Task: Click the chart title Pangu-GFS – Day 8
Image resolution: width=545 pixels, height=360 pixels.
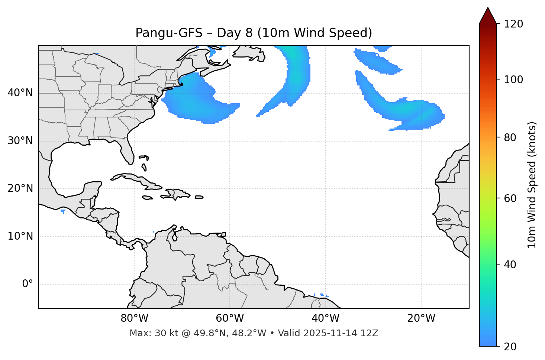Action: pyautogui.click(x=254, y=33)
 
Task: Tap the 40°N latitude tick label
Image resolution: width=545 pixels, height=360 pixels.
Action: pyautogui.click(x=20, y=93)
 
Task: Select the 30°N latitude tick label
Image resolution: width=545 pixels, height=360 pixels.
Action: pyautogui.click(x=20, y=141)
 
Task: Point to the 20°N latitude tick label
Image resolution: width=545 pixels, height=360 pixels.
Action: pyautogui.click(x=20, y=188)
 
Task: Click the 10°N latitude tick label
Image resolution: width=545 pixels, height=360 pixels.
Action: pyautogui.click(x=20, y=236)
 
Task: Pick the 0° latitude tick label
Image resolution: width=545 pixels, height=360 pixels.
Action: pyautogui.click(x=27, y=284)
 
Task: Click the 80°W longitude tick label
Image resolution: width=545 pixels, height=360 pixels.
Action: pyautogui.click(x=134, y=318)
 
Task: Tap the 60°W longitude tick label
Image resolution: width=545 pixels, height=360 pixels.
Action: pyautogui.click(x=230, y=318)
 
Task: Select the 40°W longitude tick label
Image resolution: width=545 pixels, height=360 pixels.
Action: pyautogui.click(x=325, y=318)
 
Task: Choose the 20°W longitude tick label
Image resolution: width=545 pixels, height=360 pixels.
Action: pyautogui.click(x=421, y=318)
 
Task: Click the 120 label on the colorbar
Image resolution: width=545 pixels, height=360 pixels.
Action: pyautogui.click(x=513, y=24)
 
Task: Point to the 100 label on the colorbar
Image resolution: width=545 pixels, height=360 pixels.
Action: pyautogui.click(x=513, y=80)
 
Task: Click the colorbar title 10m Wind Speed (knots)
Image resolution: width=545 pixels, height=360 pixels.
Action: pyautogui.click(x=532, y=185)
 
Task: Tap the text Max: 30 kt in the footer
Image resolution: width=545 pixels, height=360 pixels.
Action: pyautogui.click(x=145, y=333)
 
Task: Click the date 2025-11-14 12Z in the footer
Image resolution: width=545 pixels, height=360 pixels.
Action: pyautogui.click(x=341, y=333)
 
